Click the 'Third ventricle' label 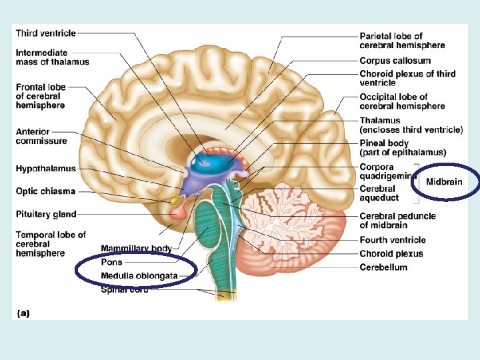point(45,33)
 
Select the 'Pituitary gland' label point(46,214)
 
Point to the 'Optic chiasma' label point(45,191)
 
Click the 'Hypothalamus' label point(46,169)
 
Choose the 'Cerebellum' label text point(383,267)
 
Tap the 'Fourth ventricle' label point(392,240)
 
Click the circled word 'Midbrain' point(443,181)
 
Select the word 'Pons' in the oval point(111,262)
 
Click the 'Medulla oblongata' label point(139,275)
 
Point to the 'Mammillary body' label point(137,249)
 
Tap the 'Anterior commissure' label point(41,136)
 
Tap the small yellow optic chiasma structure point(175,199)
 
